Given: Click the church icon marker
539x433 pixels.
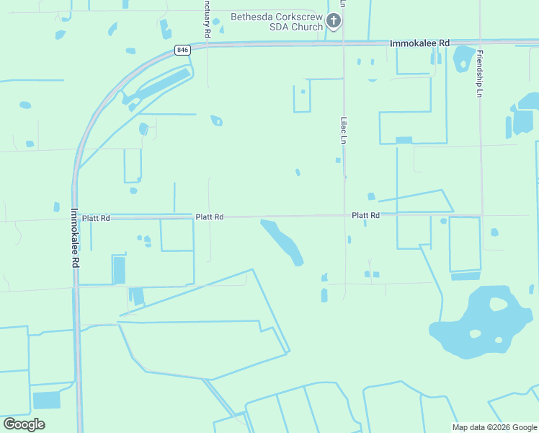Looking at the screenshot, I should (333, 21).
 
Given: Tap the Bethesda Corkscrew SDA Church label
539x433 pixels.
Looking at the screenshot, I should (276, 22).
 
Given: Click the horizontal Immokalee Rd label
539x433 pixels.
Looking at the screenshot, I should (419, 43).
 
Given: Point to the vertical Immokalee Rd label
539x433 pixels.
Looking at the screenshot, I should (75, 238).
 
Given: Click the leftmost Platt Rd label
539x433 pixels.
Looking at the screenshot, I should (96, 217).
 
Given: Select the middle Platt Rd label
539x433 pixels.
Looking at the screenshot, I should (210, 216).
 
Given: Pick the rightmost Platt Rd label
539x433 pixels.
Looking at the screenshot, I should (365, 215).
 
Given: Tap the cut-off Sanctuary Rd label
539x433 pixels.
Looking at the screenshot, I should (207, 19).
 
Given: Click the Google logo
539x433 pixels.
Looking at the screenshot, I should (24, 424).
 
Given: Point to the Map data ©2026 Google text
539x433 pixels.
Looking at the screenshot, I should (494, 427).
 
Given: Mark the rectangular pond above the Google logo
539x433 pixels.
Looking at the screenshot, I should (47, 400).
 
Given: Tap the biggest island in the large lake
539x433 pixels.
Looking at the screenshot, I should (498, 304).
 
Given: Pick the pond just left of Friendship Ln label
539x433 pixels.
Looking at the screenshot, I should (461, 60).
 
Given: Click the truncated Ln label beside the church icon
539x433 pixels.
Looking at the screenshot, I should (343, 4).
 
